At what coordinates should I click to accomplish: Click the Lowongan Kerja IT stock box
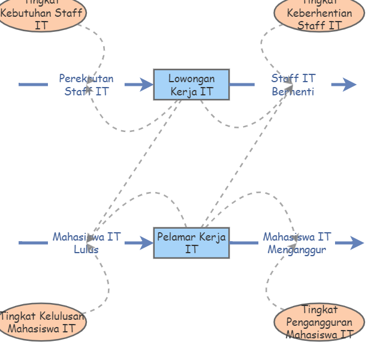(191, 85)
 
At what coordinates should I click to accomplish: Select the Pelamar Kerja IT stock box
(191, 243)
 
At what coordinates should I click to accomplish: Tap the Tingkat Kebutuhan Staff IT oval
(41, 13)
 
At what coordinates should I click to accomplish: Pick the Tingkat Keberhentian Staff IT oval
(319, 14)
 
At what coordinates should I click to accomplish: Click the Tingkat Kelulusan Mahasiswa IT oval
(41, 322)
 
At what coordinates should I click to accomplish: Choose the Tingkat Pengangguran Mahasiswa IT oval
(319, 323)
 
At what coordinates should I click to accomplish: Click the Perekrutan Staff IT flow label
(86, 85)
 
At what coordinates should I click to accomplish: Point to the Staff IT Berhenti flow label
(293, 85)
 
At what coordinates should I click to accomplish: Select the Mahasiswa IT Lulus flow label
(86, 243)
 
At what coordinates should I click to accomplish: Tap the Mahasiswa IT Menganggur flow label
(297, 243)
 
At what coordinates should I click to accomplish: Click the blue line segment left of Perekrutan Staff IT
(33, 85)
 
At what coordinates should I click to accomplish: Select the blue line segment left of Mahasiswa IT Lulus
(33, 243)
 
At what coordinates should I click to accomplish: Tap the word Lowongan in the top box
(191, 79)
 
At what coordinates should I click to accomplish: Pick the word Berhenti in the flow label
(293, 91)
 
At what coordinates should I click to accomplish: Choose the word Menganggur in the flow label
(297, 250)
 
